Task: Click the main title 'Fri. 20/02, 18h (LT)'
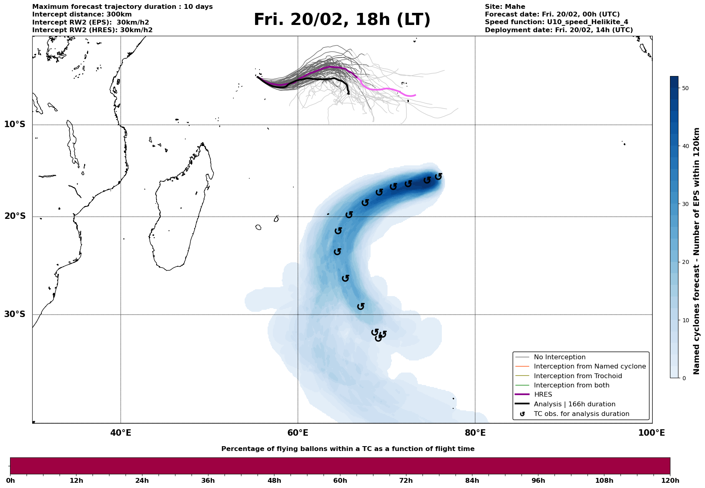342,20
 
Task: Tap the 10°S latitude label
15,124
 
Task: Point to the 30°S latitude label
15,314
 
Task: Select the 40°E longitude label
121,433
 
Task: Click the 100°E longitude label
651,433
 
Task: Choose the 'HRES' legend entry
543,395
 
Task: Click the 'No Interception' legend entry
559,357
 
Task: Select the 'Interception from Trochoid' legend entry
577,376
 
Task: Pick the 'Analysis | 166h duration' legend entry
574,404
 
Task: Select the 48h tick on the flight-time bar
274,481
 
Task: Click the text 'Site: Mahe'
505,7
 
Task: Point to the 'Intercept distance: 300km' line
82,14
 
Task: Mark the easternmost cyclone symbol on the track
439,176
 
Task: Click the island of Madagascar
181,213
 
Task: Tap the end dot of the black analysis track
348,93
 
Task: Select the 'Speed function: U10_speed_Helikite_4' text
556,22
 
